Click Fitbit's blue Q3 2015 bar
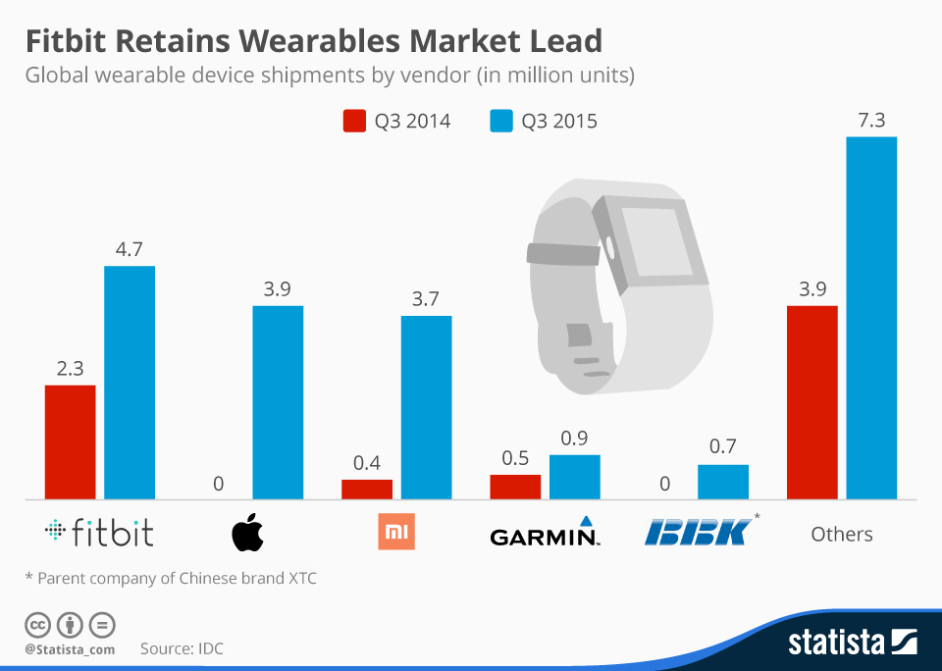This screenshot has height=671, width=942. tap(130, 382)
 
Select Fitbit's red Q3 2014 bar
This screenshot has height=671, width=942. tap(71, 440)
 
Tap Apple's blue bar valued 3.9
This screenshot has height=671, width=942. tap(278, 401)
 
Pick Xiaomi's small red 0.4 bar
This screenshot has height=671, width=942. tap(367, 488)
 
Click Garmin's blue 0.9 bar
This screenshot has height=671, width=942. tap(574, 476)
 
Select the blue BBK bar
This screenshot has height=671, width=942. tap(722, 481)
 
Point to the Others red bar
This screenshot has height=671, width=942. tap(812, 401)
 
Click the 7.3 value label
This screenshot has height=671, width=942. tap(871, 121)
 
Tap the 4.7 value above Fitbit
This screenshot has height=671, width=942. tap(130, 249)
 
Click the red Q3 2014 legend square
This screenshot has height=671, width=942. tap(353, 121)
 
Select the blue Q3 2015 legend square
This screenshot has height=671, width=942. tap(500, 121)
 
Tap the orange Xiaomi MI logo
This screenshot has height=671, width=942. tap(396, 533)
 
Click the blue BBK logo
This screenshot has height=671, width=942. tap(699, 531)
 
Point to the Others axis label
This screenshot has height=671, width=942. tap(842, 534)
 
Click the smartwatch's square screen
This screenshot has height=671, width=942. tap(654, 240)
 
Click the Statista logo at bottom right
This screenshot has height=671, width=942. tap(852, 643)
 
